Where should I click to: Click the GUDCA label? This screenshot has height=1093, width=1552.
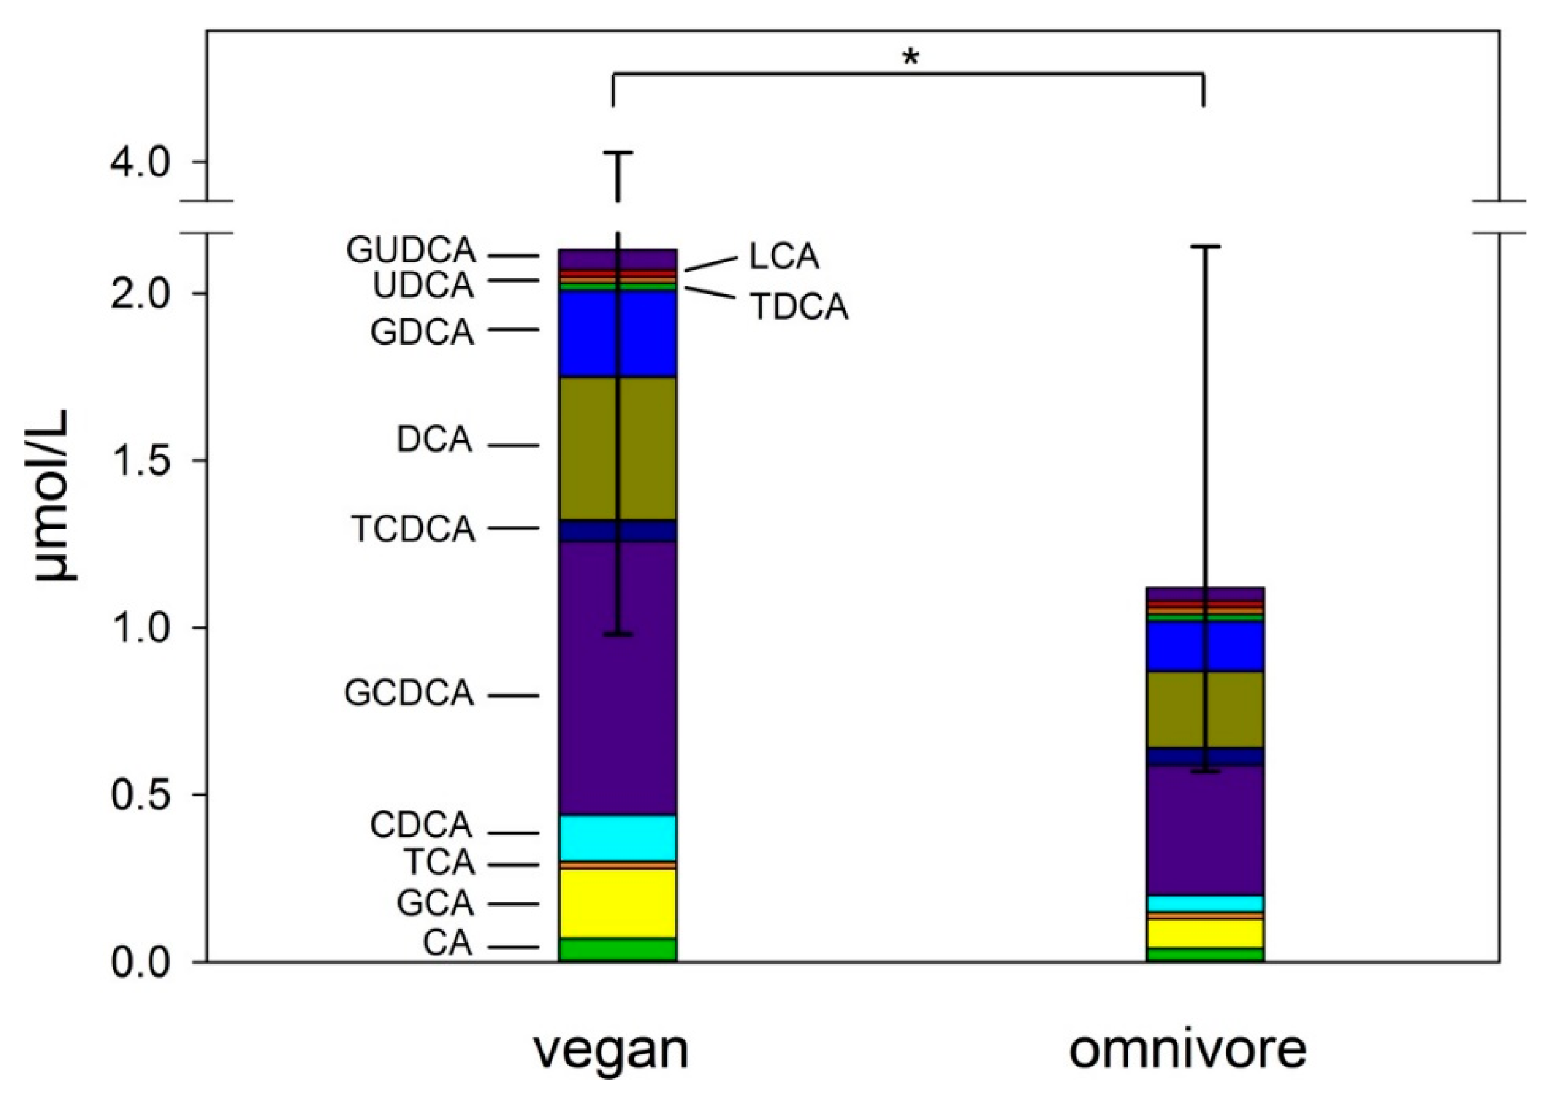coord(411,252)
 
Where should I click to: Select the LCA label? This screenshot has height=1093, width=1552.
coord(784,258)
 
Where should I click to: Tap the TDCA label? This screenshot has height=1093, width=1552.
coord(800,307)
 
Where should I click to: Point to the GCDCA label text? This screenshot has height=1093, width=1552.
coord(409,694)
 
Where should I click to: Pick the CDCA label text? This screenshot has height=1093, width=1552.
coord(420,826)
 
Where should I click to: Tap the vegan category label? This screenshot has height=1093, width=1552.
coord(612,1050)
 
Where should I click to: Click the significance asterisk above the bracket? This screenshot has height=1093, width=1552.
coord(911,58)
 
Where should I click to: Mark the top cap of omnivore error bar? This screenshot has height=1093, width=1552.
coord(1205,248)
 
